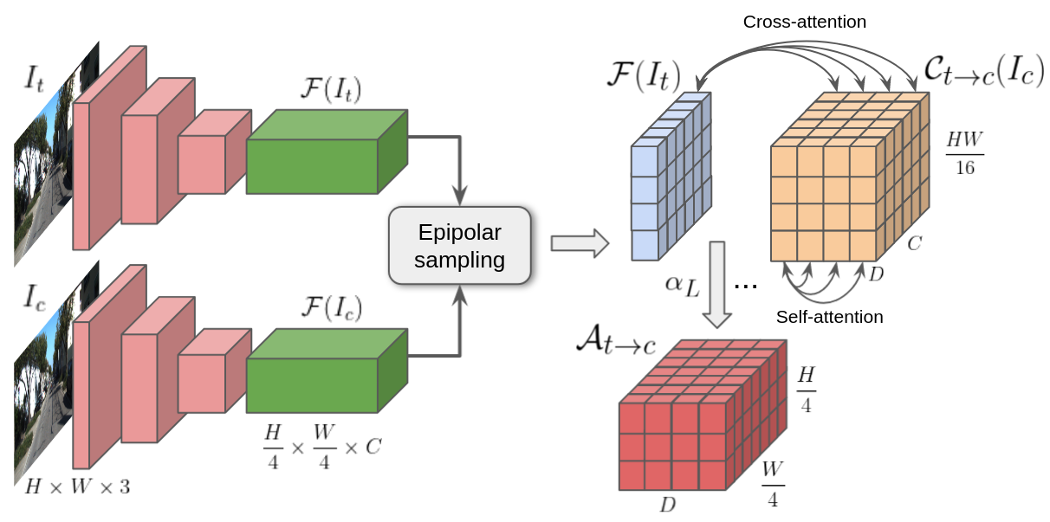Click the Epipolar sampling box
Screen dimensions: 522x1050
pos(459,246)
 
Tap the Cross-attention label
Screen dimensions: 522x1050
pos(804,21)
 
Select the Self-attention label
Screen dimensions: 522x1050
pos(829,317)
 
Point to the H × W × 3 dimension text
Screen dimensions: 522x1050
pos(77,487)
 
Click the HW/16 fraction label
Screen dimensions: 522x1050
pos(964,153)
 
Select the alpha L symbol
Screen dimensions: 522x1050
pos(682,286)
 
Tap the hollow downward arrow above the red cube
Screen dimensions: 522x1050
pos(717,285)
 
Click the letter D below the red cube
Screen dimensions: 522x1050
pos(667,505)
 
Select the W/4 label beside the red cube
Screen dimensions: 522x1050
pos(774,486)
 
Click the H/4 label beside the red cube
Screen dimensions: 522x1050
pos(805,389)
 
